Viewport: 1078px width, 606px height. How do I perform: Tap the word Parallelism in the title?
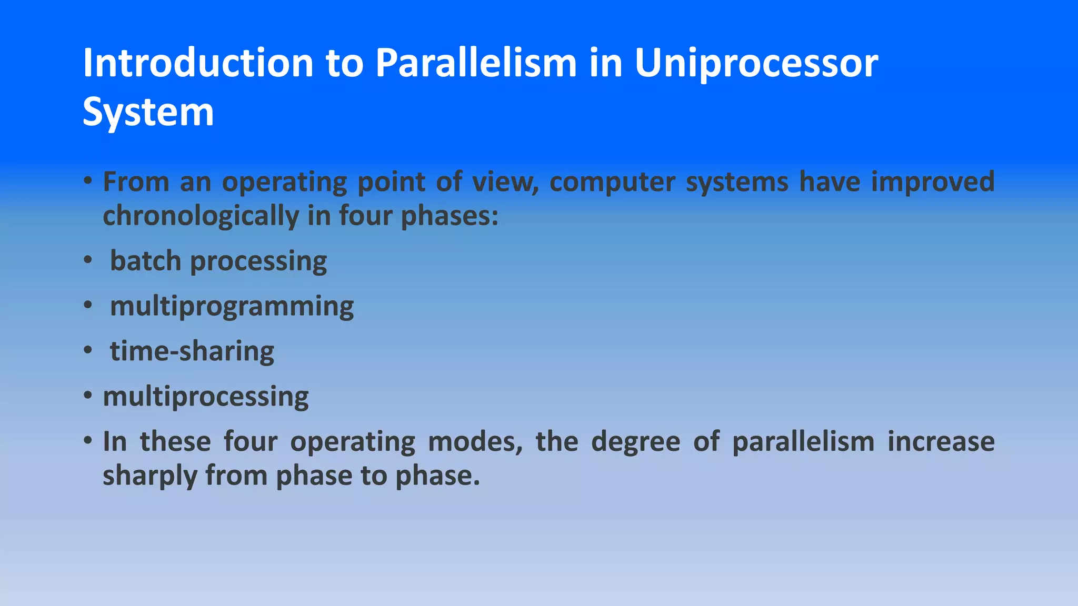(476, 63)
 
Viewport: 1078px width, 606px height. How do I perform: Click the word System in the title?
(148, 112)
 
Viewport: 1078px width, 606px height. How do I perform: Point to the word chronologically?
(201, 216)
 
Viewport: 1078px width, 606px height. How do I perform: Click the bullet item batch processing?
(218, 261)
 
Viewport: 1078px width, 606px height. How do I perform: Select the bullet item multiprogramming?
(232, 307)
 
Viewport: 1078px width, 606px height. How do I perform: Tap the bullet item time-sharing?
(192, 351)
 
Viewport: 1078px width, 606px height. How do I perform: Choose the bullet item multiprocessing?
(205, 397)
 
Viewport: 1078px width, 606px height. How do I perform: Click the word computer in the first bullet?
(612, 182)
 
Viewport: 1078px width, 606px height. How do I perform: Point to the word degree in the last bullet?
(635, 441)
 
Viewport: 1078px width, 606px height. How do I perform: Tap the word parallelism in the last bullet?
(803, 441)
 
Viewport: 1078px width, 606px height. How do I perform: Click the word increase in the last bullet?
(941, 441)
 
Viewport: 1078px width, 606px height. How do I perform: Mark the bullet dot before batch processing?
(88, 260)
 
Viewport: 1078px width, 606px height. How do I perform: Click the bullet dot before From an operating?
(88, 181)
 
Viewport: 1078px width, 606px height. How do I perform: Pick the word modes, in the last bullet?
(475, 441)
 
